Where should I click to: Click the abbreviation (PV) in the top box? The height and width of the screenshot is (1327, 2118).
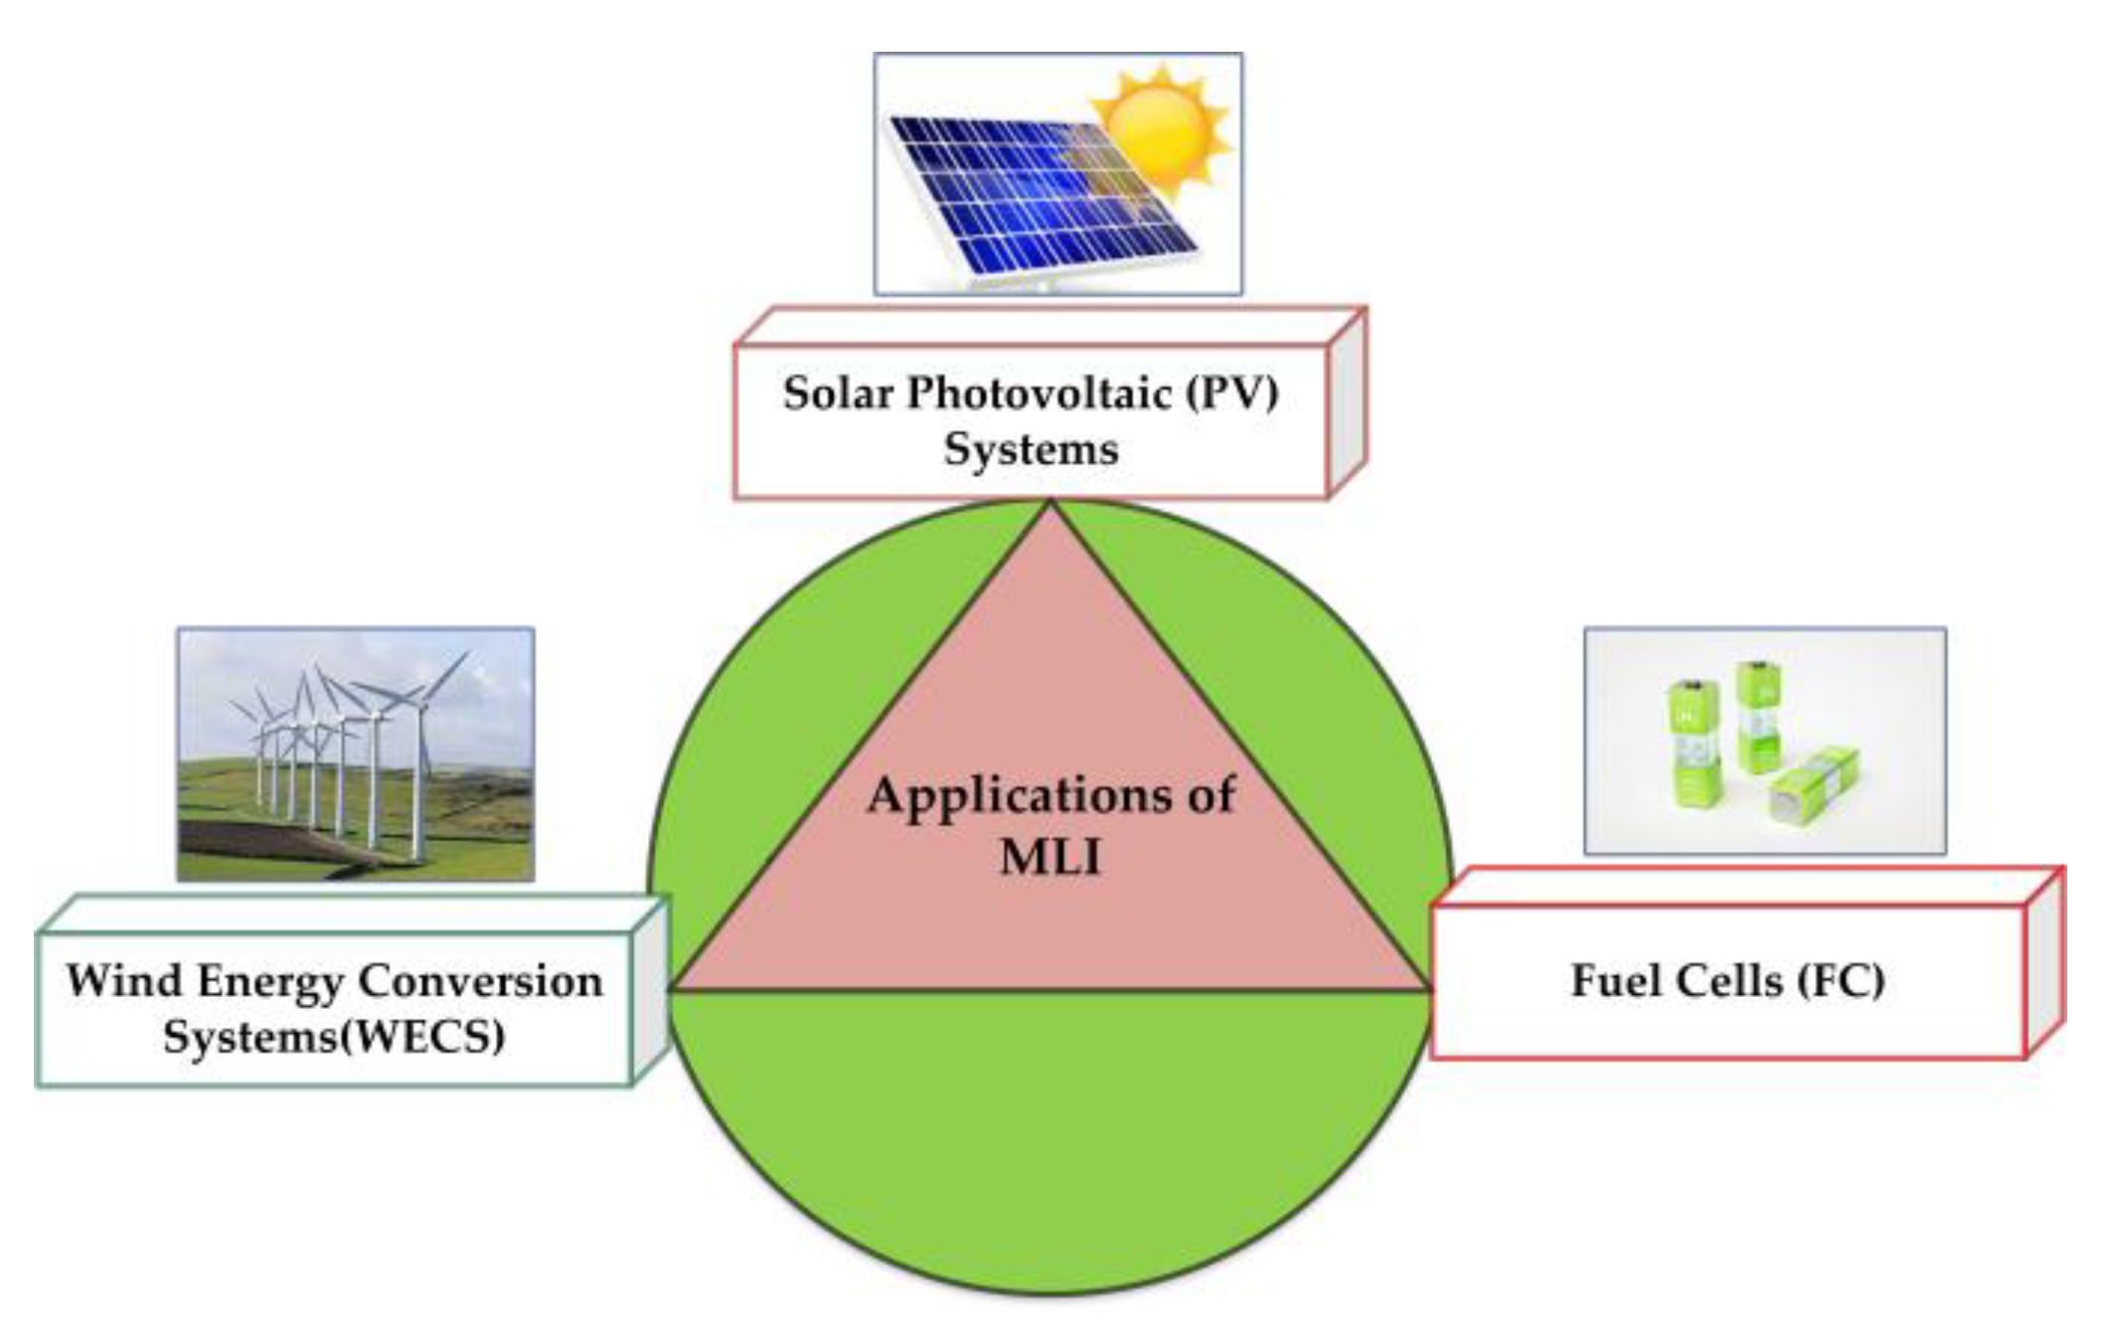click(1231, 394)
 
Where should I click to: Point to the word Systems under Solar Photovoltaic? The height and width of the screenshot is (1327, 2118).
click(1031, 449)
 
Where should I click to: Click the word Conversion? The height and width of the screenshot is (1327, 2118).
click(480, 981)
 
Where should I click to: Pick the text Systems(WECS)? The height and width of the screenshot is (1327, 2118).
click(334, 1037)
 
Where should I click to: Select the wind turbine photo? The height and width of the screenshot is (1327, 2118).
click(355, 753)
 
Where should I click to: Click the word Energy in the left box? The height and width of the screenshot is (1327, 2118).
click(271, 981)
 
